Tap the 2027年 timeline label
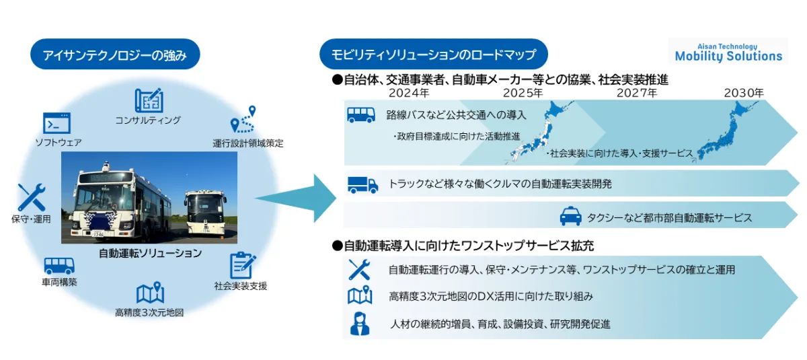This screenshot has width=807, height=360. point(636,93)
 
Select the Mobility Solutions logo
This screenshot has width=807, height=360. point(728,52)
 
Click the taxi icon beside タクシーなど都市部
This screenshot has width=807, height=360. point(570,216)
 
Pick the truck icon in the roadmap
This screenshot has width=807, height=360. point(362,183)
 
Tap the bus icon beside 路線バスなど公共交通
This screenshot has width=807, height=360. point(361,114)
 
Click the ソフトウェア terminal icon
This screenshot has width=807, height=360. point(57,123)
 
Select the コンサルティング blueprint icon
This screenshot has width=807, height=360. point(148,100)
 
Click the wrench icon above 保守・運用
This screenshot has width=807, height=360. point(31,196)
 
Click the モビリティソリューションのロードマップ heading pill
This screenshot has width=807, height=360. point(434,55)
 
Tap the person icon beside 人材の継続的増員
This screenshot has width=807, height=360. point(360,323)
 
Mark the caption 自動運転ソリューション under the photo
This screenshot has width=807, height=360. point(150,253)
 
